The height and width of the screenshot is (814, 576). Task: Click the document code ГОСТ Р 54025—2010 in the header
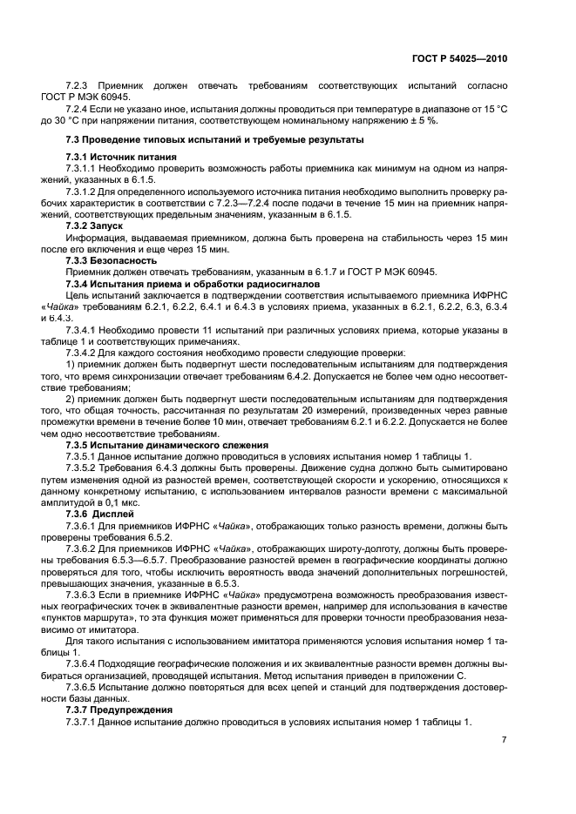[460, 57]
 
